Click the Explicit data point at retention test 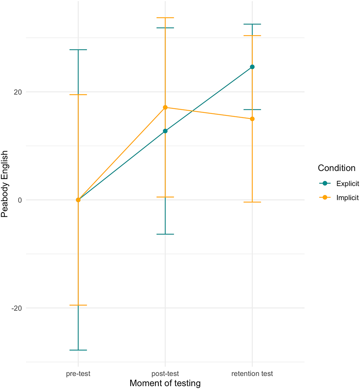click(252, 67)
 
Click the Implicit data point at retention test click(252, 119)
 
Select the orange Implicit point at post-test click(165, 107)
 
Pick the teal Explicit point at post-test click(165, 131)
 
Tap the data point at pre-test click(78, 200)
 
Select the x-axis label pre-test click(78, 373)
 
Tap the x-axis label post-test click(165, 373)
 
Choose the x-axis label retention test click(252, 373)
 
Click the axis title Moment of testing click(165, 383)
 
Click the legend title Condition click(336, 168)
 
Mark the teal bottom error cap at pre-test click(78, 350)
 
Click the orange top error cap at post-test click(165, 18)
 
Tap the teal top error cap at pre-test click(78, 50)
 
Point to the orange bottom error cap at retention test click(252, 202)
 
